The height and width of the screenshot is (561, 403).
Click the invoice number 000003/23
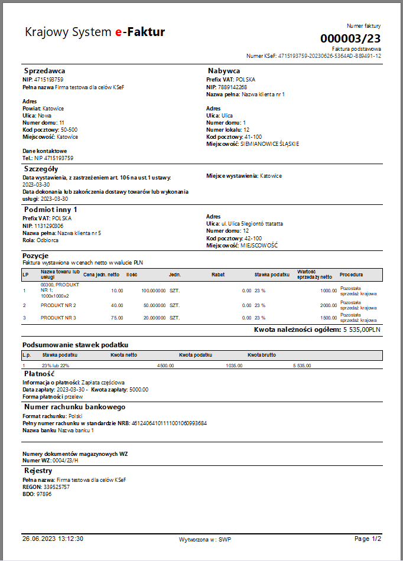(350, 38)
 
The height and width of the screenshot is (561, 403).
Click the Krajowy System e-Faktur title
(95, 32)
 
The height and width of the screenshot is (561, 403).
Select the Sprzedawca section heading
(44, 71)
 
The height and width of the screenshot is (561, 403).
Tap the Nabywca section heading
(224, 71)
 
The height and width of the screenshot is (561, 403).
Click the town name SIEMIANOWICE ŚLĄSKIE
(269, 143)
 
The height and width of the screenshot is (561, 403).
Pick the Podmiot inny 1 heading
(51, 210)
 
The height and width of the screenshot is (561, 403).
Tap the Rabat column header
(218, 275)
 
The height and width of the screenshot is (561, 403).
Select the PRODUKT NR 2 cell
(58, 305)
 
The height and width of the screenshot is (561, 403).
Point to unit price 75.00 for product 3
(116, 318)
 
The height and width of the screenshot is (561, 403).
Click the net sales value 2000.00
(328, 305)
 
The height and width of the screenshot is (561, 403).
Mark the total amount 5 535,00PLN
(362, 330)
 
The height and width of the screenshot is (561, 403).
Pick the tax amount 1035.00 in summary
(234, 366)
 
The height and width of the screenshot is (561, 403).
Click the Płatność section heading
(40, 374)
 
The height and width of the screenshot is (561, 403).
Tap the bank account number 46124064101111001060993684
(168, 423)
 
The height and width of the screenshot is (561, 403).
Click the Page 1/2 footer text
(368, 539)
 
